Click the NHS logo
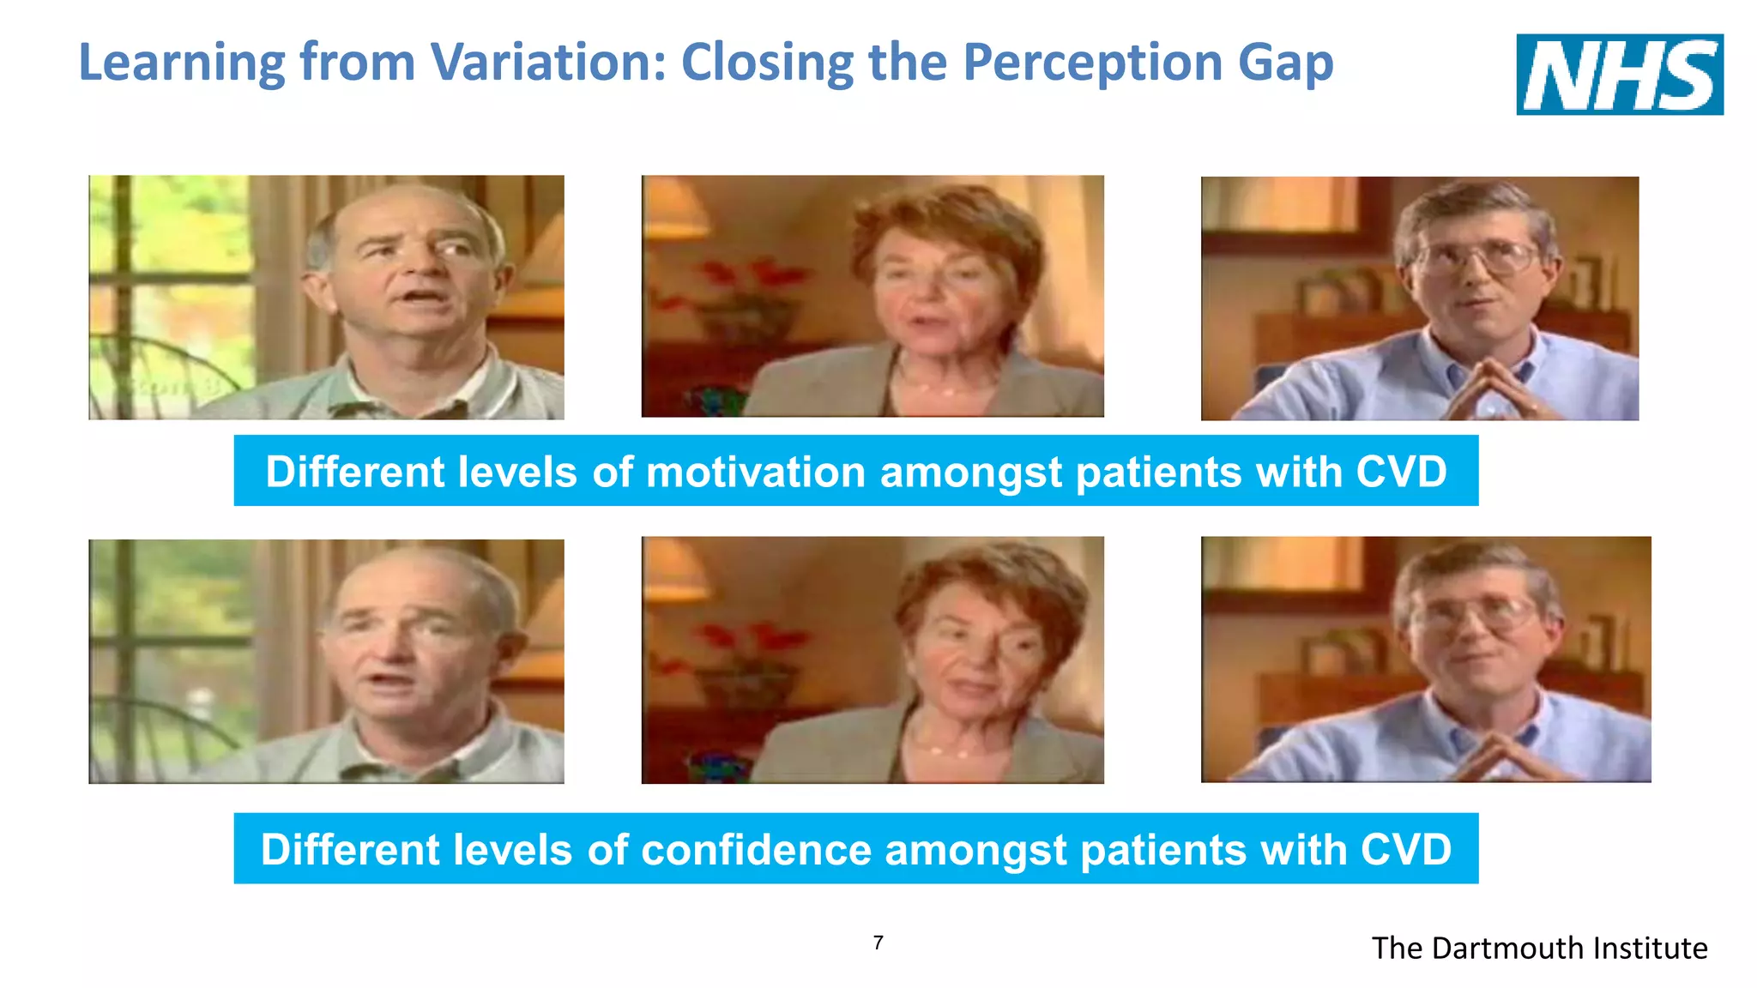[x=1619, y=75]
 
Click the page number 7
[x=878, y=943]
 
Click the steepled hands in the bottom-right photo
[x=1497, y=751]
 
